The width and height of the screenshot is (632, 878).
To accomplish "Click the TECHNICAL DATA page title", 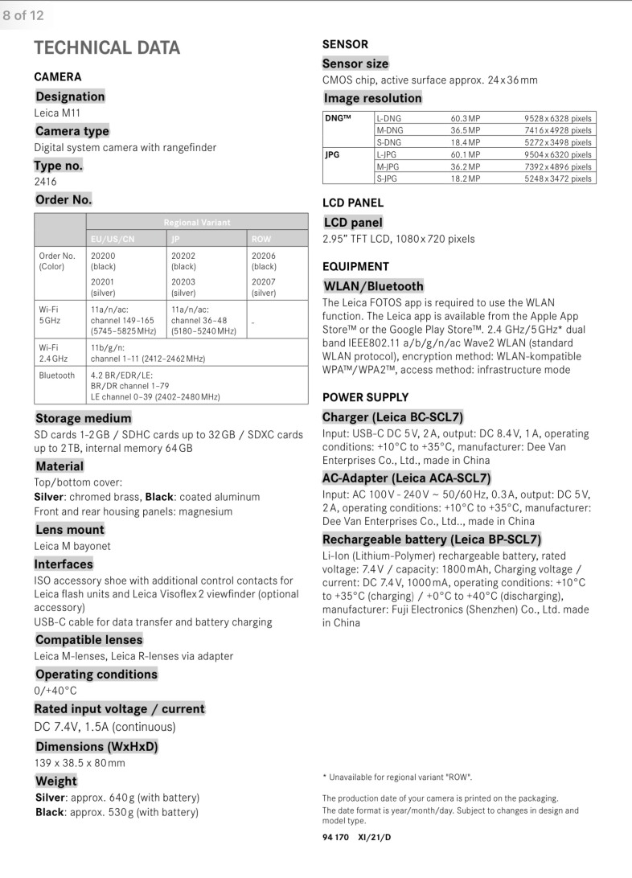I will pyautogui.click(x=107, y=48).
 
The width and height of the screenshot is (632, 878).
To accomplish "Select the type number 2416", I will pyautogui.click(x=45, y=182).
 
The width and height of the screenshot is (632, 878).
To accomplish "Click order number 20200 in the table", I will pyautogui.click(x=103, y=256).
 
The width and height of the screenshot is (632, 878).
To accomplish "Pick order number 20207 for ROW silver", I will pyautogui.click(x=264, y=282).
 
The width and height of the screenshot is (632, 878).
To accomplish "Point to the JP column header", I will pyautogui.click(x=176, y=239).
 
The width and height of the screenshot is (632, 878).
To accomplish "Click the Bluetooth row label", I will pyautogui.click(x=56, y=375).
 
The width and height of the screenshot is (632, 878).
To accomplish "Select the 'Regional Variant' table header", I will pyautogui.click(x=196, y=222).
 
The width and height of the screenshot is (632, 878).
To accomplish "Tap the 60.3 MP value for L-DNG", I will pyautogui.click(x=465, y=118).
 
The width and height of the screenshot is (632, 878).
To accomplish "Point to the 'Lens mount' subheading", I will pyautogui.click(x=70, y=529).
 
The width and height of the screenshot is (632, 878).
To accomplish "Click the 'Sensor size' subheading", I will pyautogui.click(x=355, y=64).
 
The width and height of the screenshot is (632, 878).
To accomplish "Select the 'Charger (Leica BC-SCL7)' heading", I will pyautogui.click(x=392, y=416).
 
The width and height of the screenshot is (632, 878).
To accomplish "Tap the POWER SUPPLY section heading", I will pyautogui.click(x=365, y=397).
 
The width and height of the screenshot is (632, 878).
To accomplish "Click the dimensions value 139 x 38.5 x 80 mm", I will pyautogui.click(x=80, y=763).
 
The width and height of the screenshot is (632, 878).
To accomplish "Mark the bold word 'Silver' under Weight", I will pyautogui.click(x=50, y=798).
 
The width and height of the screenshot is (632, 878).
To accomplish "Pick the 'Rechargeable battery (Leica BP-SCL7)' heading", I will pyautogui.click(x=432, y=539).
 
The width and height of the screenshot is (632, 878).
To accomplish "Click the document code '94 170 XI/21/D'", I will pyautogui.click(x=357, y=837).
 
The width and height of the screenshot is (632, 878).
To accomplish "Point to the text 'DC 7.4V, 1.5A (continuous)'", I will pyautogui.click(x=105, y=727).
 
